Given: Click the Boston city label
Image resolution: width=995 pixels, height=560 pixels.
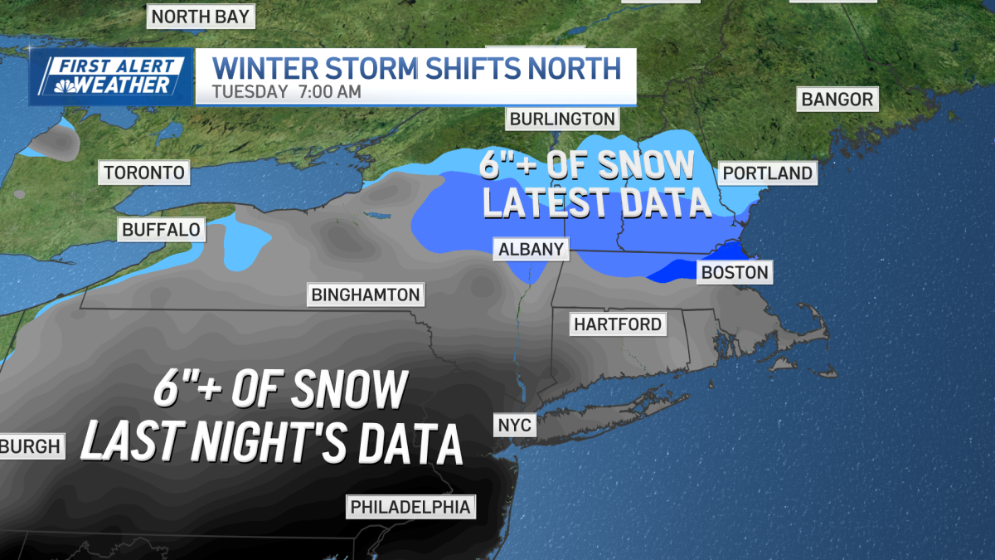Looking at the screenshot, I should pos(735,272).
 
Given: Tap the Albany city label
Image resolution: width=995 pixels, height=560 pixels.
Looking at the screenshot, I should pos(531,249).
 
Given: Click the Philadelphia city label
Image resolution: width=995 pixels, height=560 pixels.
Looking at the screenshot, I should pos(410,506).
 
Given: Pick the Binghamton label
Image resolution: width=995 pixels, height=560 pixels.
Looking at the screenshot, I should pos(365,295).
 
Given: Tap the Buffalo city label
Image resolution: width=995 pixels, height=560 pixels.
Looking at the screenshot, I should pos(162,230).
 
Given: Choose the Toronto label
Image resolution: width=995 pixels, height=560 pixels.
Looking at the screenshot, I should pos(144,173).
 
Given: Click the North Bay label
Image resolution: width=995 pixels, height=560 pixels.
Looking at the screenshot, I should pos(200,16).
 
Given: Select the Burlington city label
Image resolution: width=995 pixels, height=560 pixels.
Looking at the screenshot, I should pos(562,119).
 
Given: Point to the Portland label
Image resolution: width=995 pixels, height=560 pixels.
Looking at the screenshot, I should pos(767,173).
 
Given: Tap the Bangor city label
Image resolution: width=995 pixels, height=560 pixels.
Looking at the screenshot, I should pos(837,100).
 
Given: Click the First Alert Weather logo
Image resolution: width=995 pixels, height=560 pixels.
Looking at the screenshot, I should pos(111,76).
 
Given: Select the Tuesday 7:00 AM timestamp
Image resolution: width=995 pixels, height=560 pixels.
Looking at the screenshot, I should pos(286,92).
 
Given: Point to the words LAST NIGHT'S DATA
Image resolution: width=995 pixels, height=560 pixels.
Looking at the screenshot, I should pos(271,441).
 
